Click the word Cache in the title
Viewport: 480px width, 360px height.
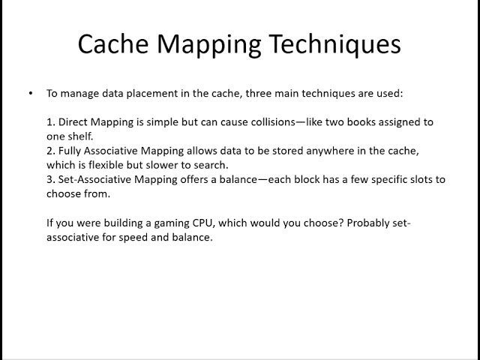point(112,44)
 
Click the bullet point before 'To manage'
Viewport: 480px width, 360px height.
point(31,94)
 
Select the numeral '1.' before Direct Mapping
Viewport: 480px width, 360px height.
point(51,121)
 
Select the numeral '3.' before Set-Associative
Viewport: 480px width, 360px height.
point(51,179)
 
